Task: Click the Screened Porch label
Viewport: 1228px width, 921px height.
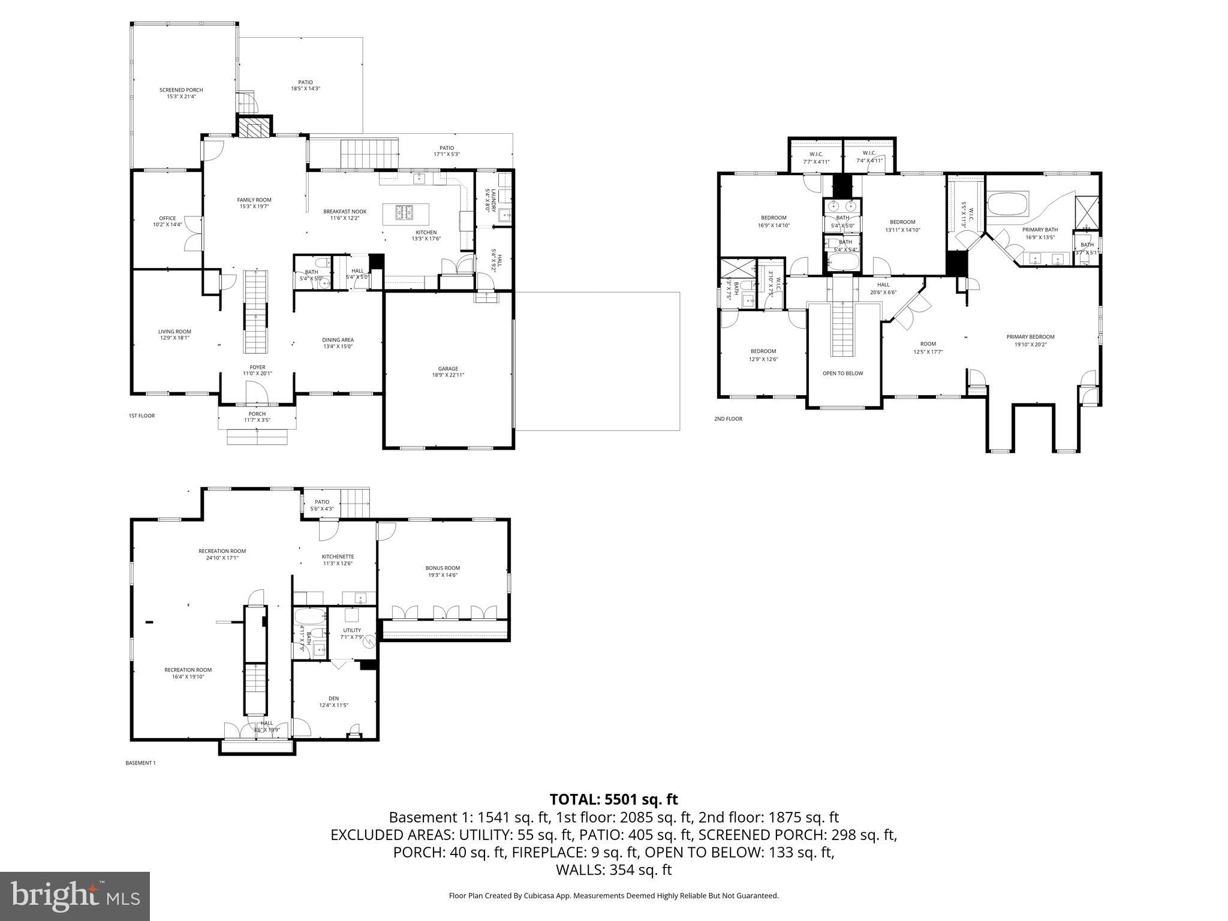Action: pos(181,93)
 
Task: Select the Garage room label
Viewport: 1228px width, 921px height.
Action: pos(448,372)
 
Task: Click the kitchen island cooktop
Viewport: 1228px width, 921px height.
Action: pos(404,212)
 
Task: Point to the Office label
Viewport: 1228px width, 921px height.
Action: pos(167,221)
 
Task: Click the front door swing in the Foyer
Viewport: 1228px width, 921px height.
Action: pos(257,393)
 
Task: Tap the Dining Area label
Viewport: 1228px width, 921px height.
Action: pos(338,343)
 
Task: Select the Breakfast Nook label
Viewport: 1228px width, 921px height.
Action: pos(345,215)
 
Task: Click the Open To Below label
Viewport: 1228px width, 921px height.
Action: pos(842,374)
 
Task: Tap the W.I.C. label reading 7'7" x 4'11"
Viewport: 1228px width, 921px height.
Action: pos(815,157)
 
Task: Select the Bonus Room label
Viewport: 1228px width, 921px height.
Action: pos(443,571)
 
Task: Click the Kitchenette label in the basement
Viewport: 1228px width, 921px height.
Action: pos(338,559)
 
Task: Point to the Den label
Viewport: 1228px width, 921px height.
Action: pos(333,702)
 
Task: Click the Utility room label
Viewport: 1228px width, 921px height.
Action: pos(352,633)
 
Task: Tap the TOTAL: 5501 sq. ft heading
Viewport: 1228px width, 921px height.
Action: pos(613,799)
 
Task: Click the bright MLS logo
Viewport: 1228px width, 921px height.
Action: pos(75,896)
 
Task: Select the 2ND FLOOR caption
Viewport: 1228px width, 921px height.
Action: pos(728,419)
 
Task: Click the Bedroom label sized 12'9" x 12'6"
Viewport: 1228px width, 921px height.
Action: pos(763,355)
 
